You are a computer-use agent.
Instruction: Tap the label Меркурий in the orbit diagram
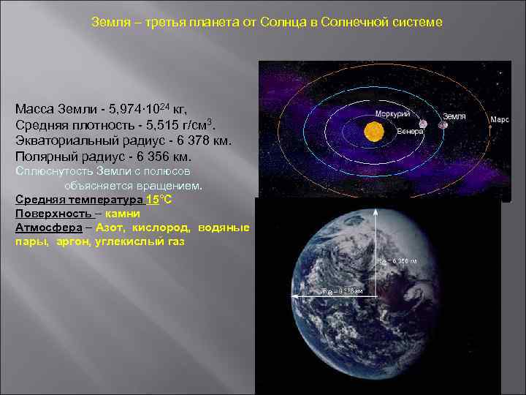click(x=392, y=114)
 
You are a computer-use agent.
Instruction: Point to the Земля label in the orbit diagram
click(x=454, y=116)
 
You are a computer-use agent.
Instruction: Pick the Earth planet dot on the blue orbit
click(x=442, y=125)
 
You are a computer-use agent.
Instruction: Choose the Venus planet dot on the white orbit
click(x=423, y=124)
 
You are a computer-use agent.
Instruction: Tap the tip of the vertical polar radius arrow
click(x=376, y=210)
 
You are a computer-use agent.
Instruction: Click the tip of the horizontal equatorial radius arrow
click(x=294, y=296)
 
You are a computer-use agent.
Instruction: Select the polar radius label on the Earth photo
click(x=397, y=261)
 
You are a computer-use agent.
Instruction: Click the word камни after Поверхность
click(x=122, y=214)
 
